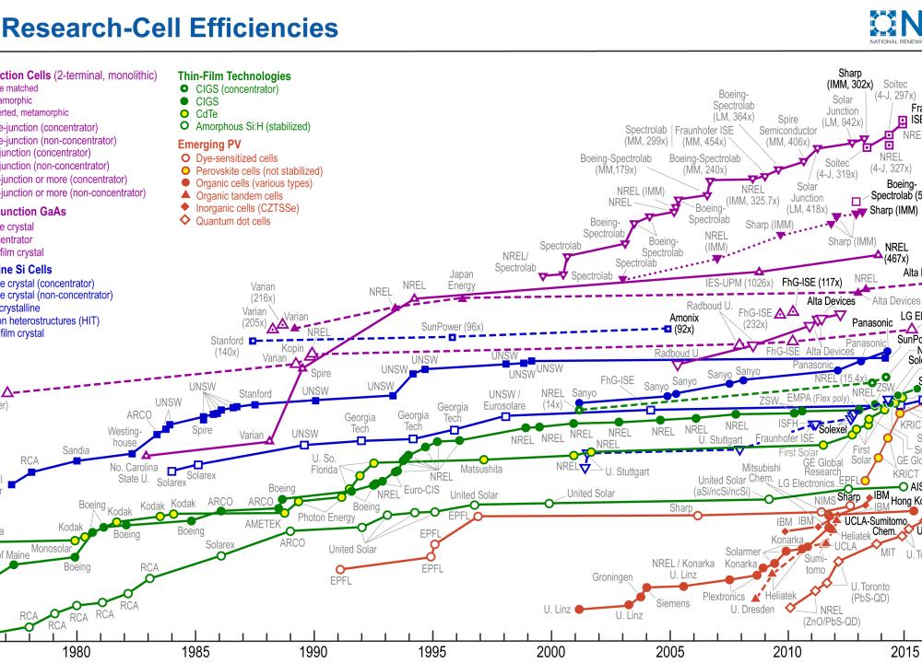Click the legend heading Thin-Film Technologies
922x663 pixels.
point(234,76)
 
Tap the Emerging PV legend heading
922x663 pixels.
point(215,145)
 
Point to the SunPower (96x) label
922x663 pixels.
point(452,326)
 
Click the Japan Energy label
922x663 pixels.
point(461,280)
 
